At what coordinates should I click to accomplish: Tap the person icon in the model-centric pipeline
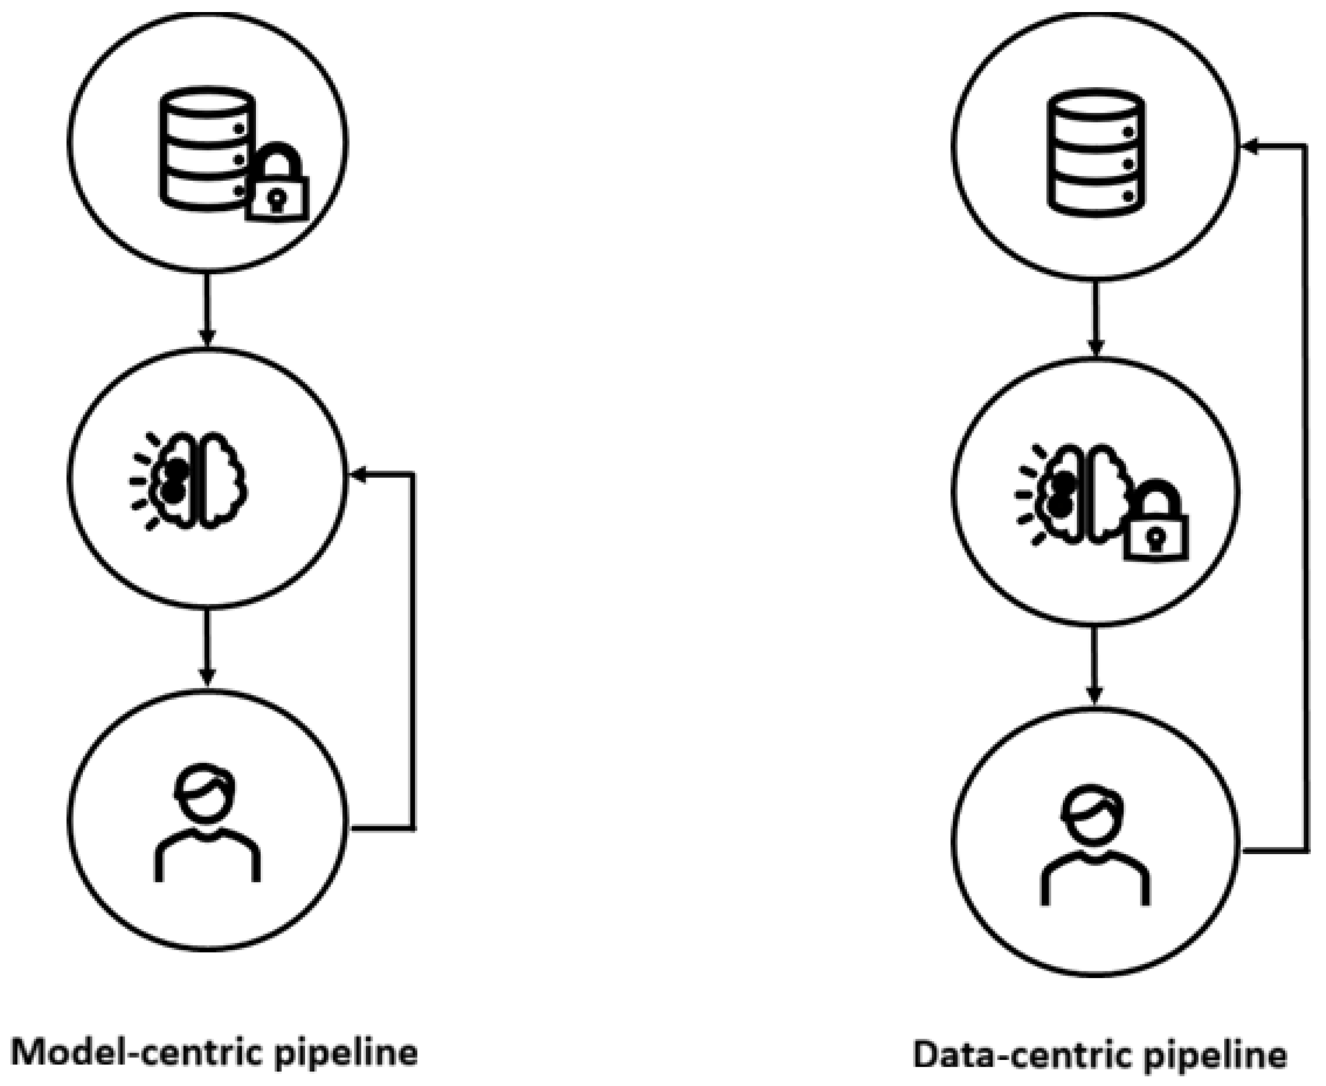coord(208,823)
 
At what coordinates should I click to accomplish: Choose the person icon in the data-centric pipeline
coord(1095,845)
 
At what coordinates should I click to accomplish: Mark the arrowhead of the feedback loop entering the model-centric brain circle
coord(359,476)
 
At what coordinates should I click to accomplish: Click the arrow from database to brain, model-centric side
coord(207,309)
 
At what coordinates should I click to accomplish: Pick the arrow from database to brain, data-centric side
coord(1095,319)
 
